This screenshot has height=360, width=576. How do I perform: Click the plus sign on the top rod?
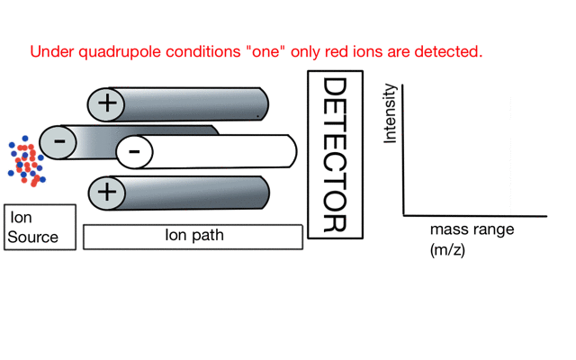[x=107, y=103]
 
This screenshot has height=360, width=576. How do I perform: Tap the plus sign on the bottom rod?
[x=107, y=192]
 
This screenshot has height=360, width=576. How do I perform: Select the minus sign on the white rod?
[x=134, y=151]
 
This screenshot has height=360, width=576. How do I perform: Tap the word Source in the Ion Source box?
[x=32, y=238]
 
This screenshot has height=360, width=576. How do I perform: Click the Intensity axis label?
[x=390, y=113]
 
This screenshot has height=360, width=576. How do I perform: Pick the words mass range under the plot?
[x=472, y=229]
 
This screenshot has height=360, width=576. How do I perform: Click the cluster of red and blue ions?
[x=26, y=162]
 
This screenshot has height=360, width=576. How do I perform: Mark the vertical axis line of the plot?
[x=404, y=148]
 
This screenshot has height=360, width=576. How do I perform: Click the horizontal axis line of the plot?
[x=475, y=216]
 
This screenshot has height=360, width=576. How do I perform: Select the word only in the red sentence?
[x=301, y=51]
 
